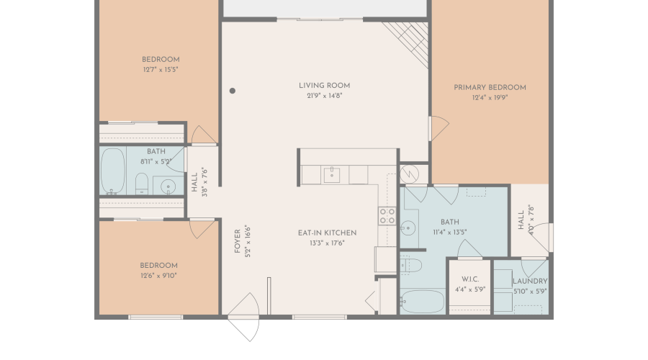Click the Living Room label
[324, 86]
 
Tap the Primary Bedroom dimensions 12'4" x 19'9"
[490, 97]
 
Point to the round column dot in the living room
[233, 91]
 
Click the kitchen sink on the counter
[332, 174]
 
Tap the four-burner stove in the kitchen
[387, 215]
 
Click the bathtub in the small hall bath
[113, 172]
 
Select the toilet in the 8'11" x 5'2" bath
[142, 184]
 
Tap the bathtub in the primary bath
[422, 300]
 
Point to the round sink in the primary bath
[408, 229]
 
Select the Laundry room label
[530, 281]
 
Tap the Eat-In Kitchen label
[327, 233]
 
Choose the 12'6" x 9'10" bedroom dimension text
[158, 275]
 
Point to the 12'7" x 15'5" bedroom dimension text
[160, 69]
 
